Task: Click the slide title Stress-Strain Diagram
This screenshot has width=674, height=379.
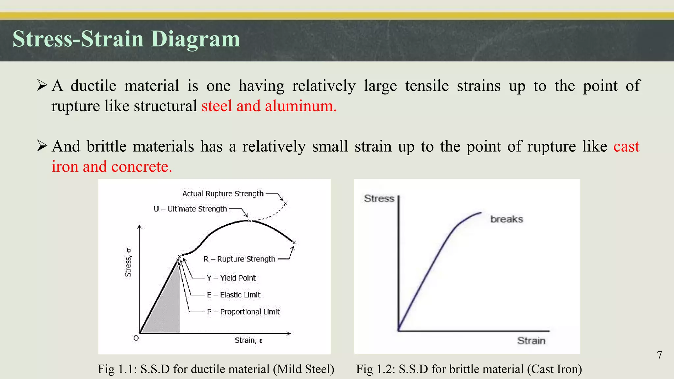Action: tap(126, 39)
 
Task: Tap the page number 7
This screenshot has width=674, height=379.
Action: tap(659, 355)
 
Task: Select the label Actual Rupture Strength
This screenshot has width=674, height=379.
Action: tap(223, 194)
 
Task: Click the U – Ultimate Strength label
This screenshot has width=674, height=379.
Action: tap(190, 209)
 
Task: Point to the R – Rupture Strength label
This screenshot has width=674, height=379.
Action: tap(239, 259)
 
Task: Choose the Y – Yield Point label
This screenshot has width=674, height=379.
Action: tap(231, 278)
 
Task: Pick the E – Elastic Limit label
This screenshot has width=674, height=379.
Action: tap(234, 295)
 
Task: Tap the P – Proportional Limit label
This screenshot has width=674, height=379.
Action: tap(243, 312)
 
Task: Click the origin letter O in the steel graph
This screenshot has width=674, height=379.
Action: tap(136, 338)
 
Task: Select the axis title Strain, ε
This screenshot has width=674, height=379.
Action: tap(248, 341)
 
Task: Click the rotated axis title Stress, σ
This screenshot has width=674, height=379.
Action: tap(128, 263)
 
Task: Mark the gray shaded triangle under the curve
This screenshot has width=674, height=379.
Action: tap(165, 309)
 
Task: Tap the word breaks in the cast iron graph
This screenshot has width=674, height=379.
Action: tap(506, 219)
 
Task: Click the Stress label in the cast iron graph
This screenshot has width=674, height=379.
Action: tap(379, 199)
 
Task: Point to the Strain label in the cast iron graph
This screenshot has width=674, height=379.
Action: tap(531, 341)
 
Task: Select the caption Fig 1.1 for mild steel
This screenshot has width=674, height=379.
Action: tap(216, 369)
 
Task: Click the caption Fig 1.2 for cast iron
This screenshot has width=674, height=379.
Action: tap(469, 369)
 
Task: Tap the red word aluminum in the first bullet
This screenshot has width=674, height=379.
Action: tap(300, 106)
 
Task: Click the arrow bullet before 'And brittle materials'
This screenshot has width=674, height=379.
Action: tap(42, 146)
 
